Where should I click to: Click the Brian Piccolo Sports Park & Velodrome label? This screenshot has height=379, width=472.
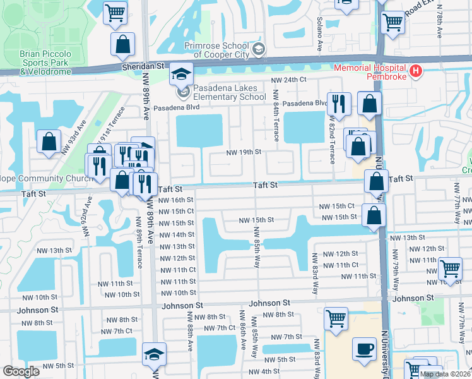click(x=45, y=63)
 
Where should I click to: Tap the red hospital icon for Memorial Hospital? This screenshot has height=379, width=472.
click(x=415, y=72)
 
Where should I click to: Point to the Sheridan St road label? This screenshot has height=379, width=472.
click(x=143, y=65)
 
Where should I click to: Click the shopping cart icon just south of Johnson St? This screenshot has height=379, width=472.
click(x=336, y=318)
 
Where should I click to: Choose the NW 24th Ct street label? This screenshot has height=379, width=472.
click(x=288, y=80)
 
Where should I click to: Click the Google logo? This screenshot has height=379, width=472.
click(x=21, y=371)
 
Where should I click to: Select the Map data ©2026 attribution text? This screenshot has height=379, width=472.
click(x=444, y=374)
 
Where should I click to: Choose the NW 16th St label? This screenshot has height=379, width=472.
click(x=176, y=200)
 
